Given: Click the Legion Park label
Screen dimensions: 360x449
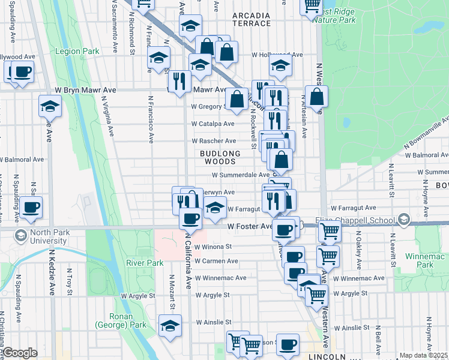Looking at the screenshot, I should [77, 52].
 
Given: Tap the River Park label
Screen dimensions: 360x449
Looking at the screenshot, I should [145, 263].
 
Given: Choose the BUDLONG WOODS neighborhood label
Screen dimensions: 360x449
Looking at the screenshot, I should [220, 157].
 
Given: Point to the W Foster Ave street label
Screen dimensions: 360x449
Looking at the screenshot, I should [250, 227].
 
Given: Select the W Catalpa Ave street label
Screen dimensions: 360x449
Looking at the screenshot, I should [212, 124].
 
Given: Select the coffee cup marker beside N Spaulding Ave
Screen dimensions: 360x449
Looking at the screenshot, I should [31, 208].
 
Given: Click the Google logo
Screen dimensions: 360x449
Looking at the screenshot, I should [20, 353].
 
